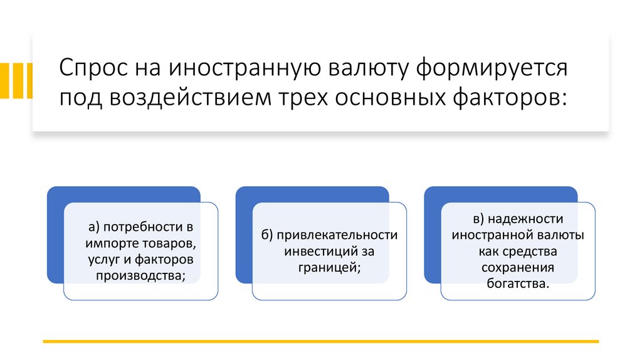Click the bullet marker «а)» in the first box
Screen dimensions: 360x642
94,226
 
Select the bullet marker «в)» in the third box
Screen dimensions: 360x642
478,219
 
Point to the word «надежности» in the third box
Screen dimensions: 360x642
525,219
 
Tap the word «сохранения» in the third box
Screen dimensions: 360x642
518,268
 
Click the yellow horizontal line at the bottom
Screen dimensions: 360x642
320,342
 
